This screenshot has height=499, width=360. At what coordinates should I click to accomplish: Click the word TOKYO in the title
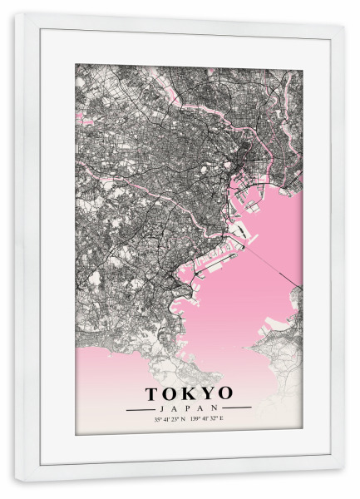point(190,393)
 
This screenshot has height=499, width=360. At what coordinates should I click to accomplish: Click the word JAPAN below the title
point(189,408)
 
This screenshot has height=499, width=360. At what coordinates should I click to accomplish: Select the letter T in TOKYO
point(154,393)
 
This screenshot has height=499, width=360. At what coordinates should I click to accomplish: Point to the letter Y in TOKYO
point(208,393)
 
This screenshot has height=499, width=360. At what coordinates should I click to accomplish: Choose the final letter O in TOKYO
point(225,393)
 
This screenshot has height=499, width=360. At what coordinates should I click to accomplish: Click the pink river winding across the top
point(208,111)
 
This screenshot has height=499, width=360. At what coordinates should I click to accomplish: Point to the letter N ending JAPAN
point(219,408)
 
